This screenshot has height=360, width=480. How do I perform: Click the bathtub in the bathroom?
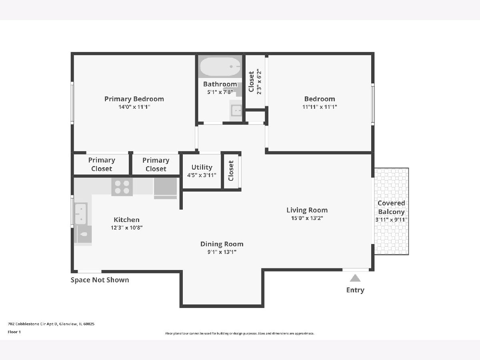(220, 66)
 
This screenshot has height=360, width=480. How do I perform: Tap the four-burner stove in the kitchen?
(122, 187)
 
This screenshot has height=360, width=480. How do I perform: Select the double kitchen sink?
(81, 213)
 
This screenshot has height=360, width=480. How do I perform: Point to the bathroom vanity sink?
(236, 110)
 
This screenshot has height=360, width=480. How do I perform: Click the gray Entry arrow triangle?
(355, 278)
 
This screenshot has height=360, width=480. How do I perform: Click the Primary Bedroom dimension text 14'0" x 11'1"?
(134, 107)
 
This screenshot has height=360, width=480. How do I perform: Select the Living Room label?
(307, 210)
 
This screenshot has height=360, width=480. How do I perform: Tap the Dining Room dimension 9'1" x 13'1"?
(222, 252)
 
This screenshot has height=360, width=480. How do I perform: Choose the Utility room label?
(202, 167)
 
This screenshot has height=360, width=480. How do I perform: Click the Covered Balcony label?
(391, 208)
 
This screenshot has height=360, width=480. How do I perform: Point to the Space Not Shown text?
(100, 280)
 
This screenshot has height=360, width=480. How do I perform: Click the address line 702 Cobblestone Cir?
(51, 324)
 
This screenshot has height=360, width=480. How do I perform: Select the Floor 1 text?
(14, 332)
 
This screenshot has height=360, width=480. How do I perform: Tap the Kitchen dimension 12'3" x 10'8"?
(127, 228)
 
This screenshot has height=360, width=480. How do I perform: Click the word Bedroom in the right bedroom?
(320, 99)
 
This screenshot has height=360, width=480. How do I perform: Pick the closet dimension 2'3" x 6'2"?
(259, 82)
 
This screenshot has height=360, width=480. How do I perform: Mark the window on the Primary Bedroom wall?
(72, 103)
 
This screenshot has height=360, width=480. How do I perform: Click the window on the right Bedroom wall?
(373, 104)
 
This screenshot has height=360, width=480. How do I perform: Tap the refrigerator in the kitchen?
(165, 188)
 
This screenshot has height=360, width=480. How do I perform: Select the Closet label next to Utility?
(231, 171)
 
